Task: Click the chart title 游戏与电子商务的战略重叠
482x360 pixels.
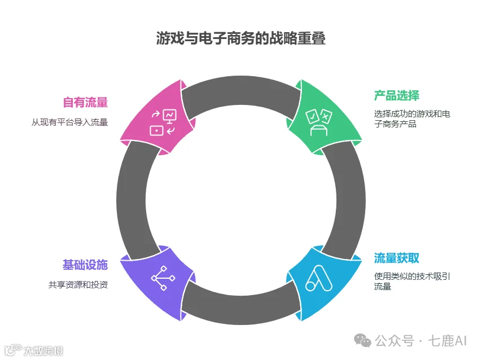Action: pos(241,38)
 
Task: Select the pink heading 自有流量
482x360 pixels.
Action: pos(85,102)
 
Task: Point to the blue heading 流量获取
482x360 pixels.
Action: pos(396,258)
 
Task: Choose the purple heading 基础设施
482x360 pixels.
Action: pos(85,265)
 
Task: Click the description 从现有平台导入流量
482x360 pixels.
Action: pos(69,121)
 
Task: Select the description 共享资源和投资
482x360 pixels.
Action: pos(77,284)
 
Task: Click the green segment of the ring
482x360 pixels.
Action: pos(325,118)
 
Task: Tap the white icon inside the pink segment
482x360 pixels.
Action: pos(163,122)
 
